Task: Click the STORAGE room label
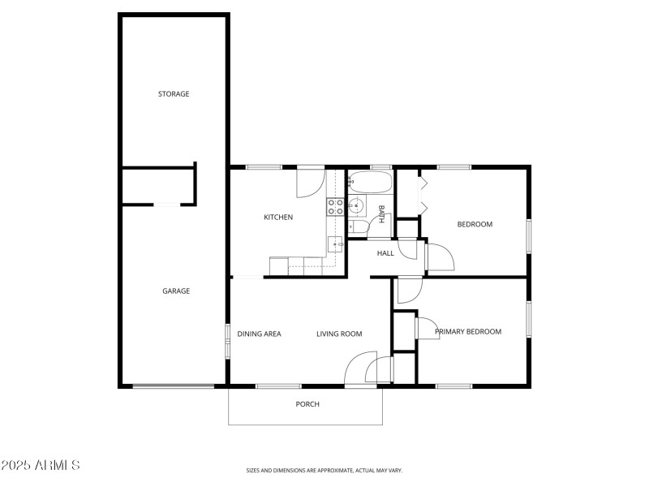[174, 94]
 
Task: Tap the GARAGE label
[176, 291]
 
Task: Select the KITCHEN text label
[278, 218]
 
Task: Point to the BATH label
[380, 214]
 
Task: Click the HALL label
[385, 253]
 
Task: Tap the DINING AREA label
[259, 334]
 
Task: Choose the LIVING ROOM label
[339, 334]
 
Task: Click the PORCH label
[307, 404]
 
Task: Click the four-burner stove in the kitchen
[335, 207]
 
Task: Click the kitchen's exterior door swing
[309, 183]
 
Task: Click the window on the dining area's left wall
[227, 339]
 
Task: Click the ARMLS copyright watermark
[41, 466]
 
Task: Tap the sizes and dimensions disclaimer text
[324, 470]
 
